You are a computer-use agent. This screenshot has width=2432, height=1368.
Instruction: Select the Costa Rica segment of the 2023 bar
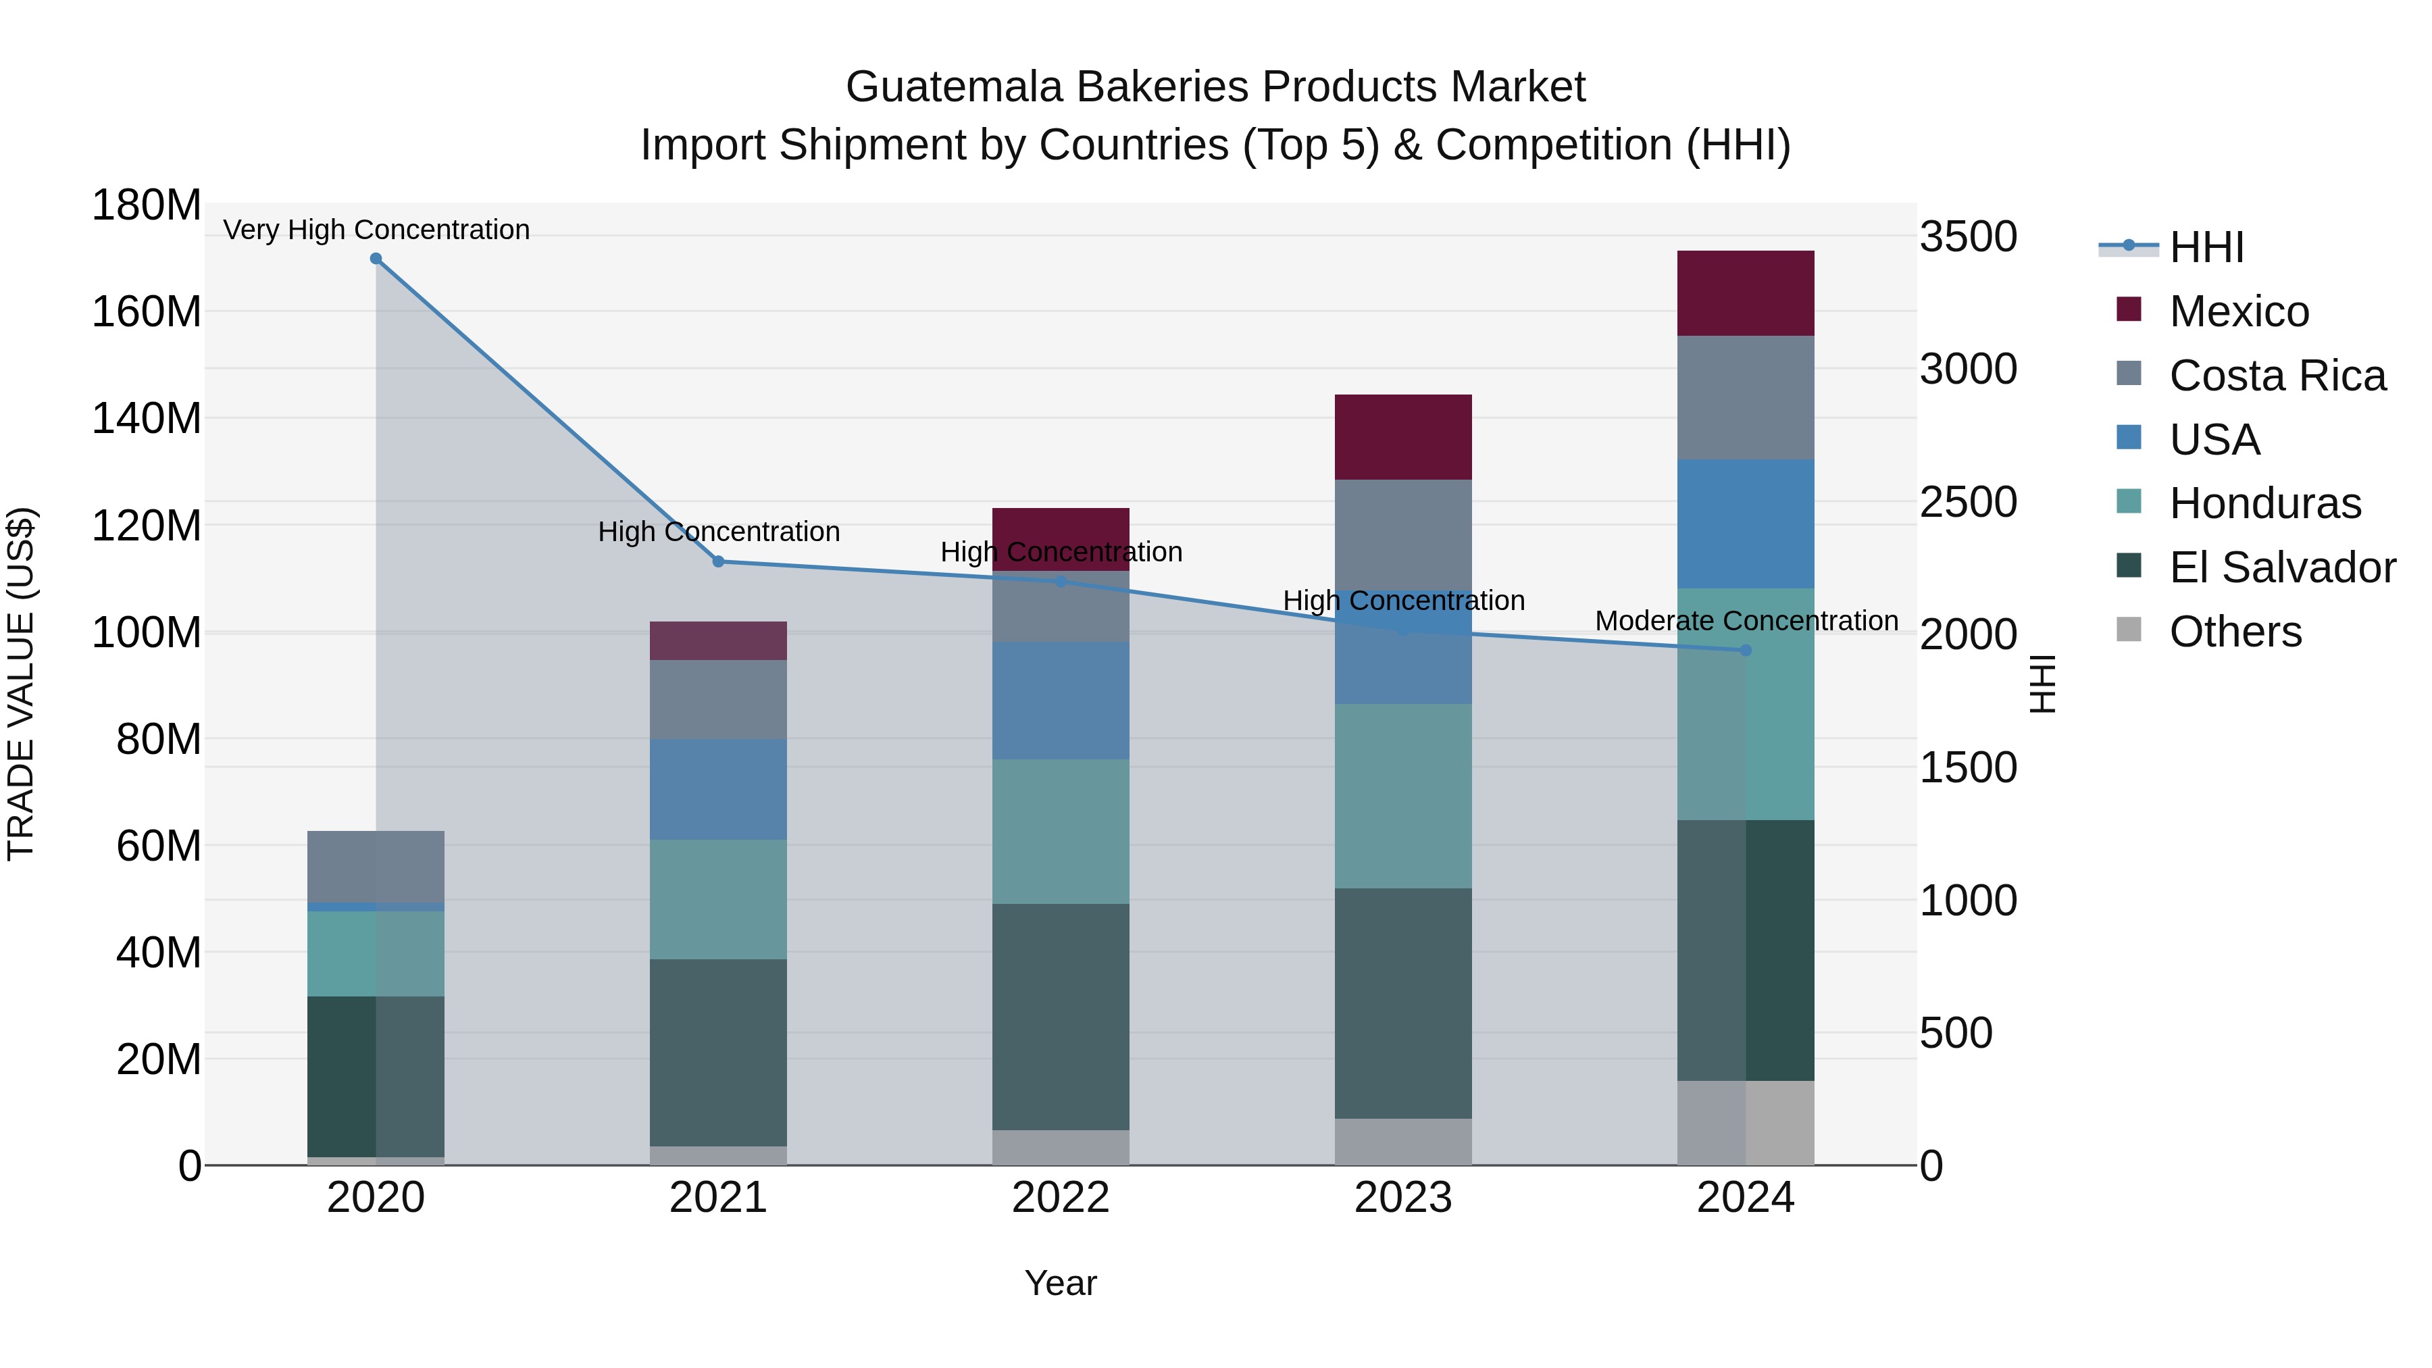(x=1403, y=534)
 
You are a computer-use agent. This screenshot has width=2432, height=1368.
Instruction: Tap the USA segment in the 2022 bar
(x=1060, y=701)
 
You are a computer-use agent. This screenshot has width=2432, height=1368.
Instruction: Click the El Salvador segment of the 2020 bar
(x=376, y=1076)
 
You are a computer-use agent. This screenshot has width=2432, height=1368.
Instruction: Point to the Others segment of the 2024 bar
(x=1745, y=1123)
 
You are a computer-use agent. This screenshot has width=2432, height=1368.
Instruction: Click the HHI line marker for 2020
(x=376, y=259)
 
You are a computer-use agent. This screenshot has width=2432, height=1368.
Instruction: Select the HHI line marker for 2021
(x=717, y=562)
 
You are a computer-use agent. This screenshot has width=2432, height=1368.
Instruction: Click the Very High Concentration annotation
(x=376, y=230)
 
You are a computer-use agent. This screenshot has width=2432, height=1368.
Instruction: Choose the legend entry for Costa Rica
(x=2276, y=376)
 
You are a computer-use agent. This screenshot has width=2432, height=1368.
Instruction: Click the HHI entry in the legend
(x=2206, y=247)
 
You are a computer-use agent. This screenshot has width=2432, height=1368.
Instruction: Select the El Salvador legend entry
(x=2281, y=567)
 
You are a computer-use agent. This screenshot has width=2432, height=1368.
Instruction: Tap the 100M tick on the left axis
(x=147, y=632)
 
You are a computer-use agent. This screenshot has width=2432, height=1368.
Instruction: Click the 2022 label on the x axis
(x=1060, y=1198)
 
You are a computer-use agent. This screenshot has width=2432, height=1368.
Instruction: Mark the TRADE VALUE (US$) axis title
(x=21, y=684)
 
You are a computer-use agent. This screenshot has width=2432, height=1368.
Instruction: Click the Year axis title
(x=1060, y=1283)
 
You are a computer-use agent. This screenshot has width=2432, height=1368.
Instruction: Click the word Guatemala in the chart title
(x=953, y=87)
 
